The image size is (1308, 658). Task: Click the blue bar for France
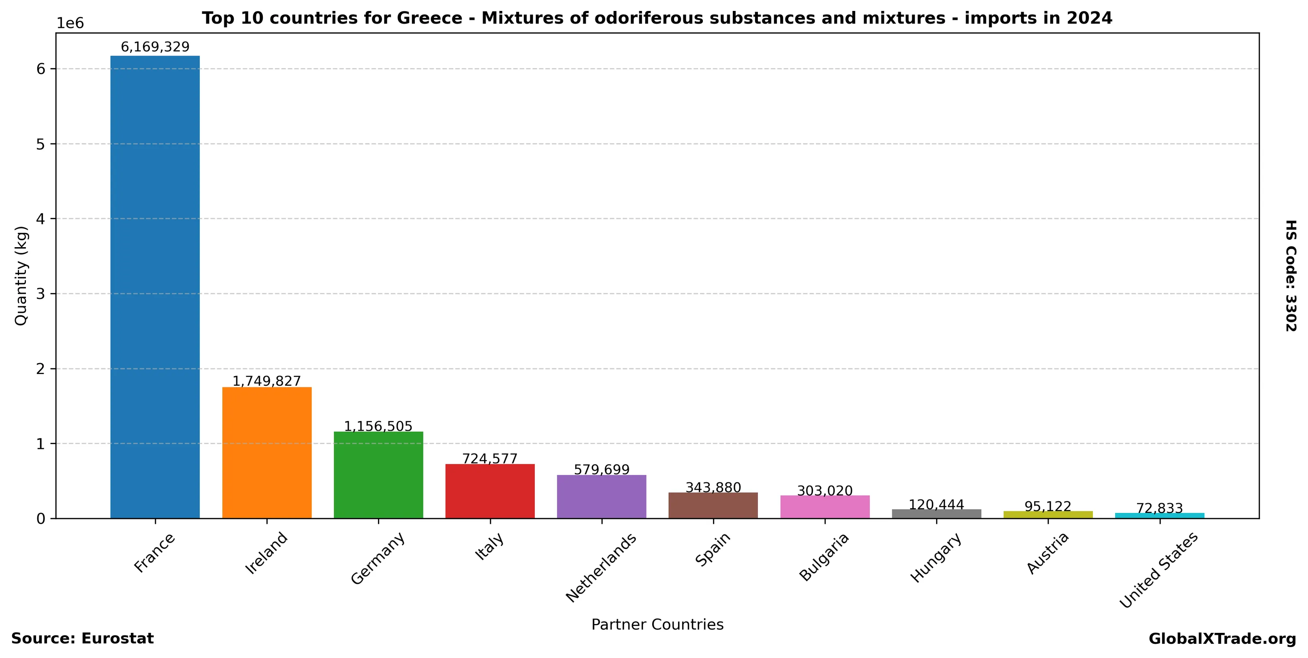tap(155, 287)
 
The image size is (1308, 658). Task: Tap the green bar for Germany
tap(378, 475)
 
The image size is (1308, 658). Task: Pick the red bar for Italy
tap(490, 491)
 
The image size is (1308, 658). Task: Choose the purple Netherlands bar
tap(602, 497)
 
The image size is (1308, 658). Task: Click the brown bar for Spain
tap(713, 505)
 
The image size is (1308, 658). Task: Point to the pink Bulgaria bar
tap(825, 507)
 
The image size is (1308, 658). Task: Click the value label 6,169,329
tap(155, 47)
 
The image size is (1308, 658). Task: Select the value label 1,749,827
tap(267, 381)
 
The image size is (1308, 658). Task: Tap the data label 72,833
tap(1159, 508)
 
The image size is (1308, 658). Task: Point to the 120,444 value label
tap(936, 505)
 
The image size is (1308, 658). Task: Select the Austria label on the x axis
tap(1048, 553)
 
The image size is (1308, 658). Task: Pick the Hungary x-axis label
tap(936, 558)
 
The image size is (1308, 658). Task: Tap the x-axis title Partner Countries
tap(657, 624)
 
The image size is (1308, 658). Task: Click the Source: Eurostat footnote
tap(82, 639)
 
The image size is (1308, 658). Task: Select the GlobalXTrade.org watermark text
tap(1222, 639)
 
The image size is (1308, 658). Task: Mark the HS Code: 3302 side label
tap(1290, 275)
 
